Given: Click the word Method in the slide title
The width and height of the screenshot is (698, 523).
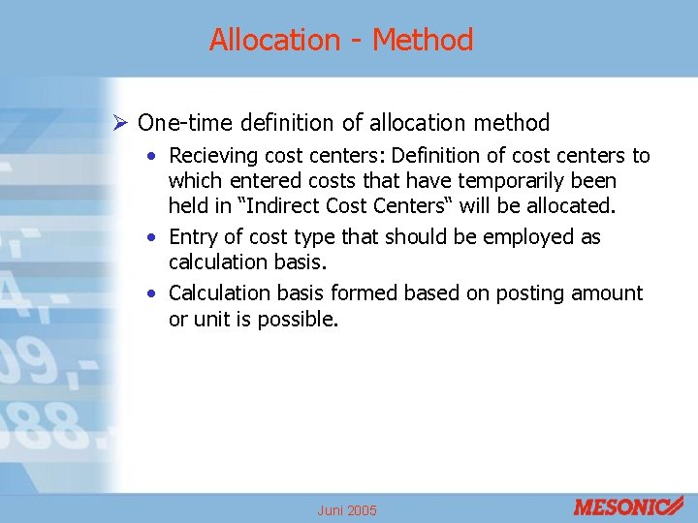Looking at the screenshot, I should (423, 41).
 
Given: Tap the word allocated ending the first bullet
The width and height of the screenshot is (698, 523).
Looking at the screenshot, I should (570, 206).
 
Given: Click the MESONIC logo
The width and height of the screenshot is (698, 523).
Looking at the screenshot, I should (627, 506).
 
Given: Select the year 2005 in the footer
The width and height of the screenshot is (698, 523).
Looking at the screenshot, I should (362, 510).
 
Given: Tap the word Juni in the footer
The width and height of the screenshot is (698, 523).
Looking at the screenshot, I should (330, 510).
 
